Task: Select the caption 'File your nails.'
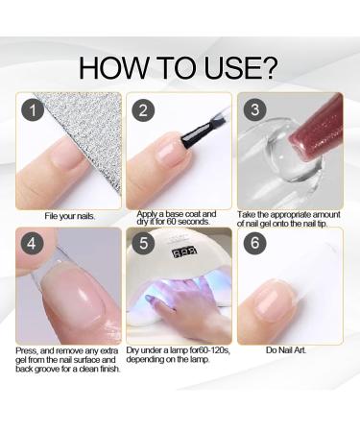coord(68,215)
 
